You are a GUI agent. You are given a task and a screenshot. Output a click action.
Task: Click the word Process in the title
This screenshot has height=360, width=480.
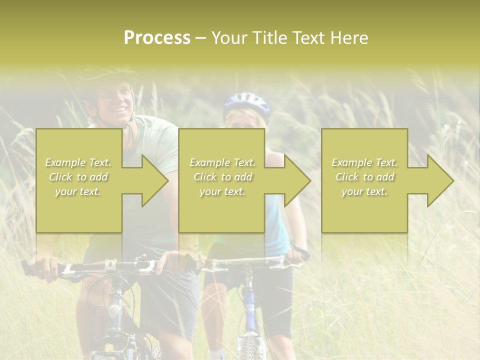157,38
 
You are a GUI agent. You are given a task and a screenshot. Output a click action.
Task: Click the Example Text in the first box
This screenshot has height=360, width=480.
78,162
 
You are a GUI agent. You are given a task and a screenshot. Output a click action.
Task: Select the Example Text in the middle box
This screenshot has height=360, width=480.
222,162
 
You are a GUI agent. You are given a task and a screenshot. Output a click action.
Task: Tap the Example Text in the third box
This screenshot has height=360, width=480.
364,162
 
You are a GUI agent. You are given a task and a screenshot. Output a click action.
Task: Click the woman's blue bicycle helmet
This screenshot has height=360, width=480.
246,104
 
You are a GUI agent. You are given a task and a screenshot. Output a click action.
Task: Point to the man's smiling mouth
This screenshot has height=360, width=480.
119,109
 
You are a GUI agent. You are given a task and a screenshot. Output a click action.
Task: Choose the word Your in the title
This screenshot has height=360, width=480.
229,38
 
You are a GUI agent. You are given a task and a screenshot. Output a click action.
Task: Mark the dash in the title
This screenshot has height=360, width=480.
201,39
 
